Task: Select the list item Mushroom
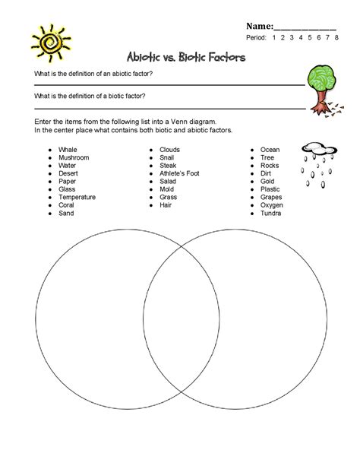point(74,157)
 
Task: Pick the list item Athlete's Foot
point(179,173)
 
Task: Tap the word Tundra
point(270,213)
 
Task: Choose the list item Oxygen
point(271,205)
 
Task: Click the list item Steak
point(168,166)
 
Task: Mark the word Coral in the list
point(67,205)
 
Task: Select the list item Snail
point(167,157)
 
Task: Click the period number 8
point(336,37)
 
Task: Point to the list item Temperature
point(78,197)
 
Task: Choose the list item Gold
point(267,181)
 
